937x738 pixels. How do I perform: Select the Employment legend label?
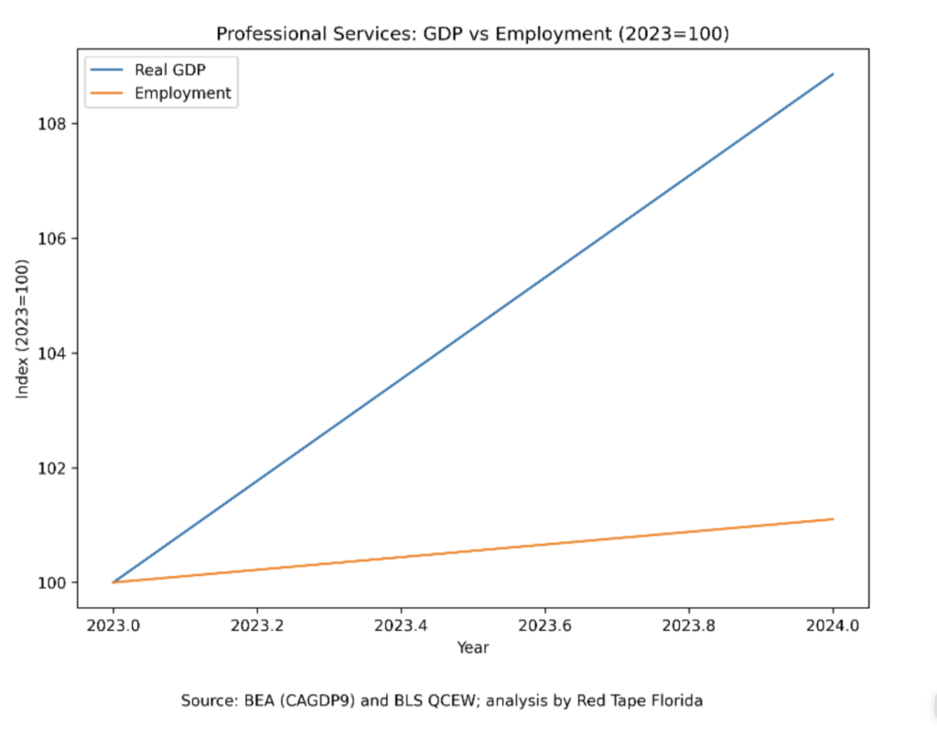tap(182, 92)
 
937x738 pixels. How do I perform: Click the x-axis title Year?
tap(473, 648)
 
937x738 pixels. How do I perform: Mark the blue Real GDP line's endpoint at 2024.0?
tap(833, 74)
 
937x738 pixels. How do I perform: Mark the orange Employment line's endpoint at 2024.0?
tap(833, 519)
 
